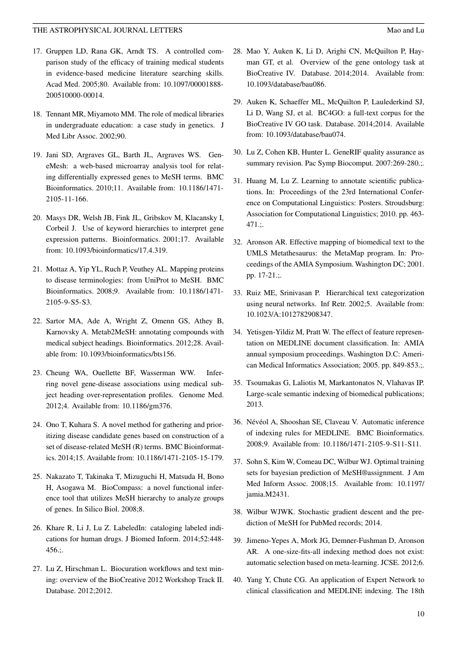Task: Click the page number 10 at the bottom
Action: [x=420, y=614]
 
